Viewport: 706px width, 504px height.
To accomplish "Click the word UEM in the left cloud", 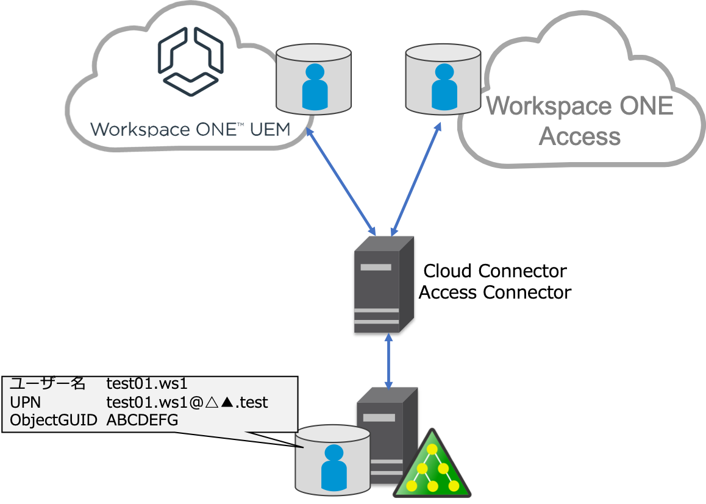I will tap(267, 130).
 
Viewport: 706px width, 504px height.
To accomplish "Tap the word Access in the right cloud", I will tap(580, 135).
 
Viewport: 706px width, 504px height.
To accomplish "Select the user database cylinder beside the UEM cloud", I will tap(314, 81).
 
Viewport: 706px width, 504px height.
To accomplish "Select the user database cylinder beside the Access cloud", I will tap(444, 81).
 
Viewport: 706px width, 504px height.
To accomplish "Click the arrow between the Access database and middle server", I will tap(416, 181).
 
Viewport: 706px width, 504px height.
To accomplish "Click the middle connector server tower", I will tap(384, 283).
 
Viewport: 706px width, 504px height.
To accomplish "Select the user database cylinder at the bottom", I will tap(333, 460).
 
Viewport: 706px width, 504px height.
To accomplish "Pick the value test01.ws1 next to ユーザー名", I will tap(146, 384).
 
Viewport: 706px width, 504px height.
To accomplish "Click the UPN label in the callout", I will tap(23, 402).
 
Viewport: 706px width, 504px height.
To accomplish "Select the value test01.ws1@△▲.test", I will tap(187, 402).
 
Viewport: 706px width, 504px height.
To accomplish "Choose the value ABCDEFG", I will tap(143, 421).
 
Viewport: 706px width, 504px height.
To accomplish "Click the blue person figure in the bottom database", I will tap(333, 468).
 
